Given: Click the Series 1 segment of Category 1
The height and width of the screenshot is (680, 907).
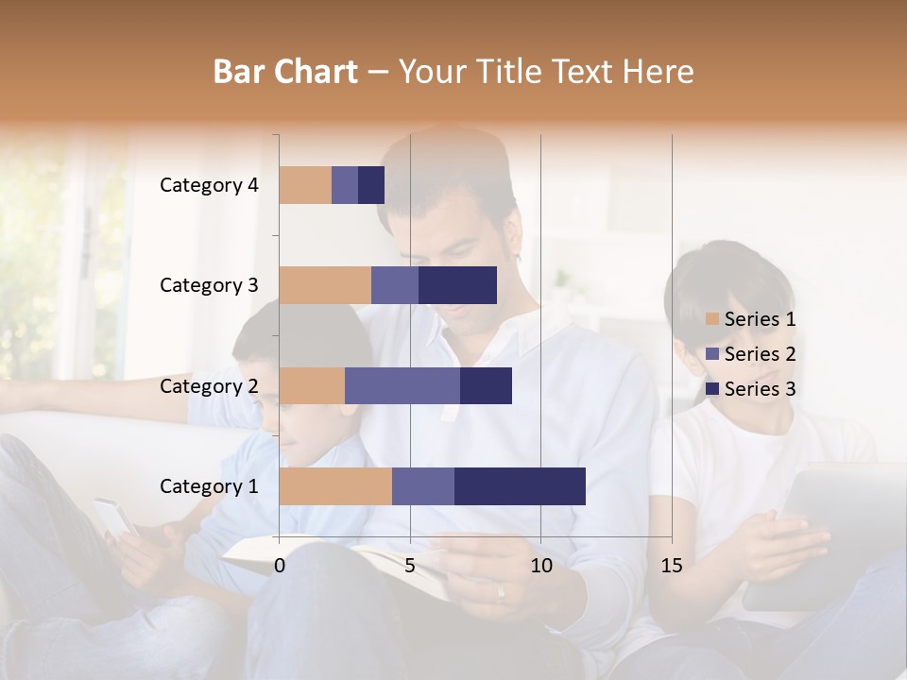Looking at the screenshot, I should click(x=335, y=485).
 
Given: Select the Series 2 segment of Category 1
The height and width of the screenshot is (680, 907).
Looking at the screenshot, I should click(x=423, y=485).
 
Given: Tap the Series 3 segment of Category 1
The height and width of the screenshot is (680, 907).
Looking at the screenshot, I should click(x=520, y=485).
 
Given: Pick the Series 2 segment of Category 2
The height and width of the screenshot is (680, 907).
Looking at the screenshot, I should click(x=402, y=385).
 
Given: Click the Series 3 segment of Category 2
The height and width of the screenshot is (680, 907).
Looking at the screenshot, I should click(x=486, y=385).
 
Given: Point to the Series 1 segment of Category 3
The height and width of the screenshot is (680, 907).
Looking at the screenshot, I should click(x=325, y=285).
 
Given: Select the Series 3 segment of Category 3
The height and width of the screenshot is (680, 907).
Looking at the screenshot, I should click(x=457, y=285).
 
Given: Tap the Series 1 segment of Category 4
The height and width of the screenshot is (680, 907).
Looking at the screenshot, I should click(x=305, y=185).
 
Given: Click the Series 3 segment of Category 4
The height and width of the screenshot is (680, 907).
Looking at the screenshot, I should click(x=371, y=185).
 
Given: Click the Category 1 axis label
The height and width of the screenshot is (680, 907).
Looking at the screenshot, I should click(x=209, y=486).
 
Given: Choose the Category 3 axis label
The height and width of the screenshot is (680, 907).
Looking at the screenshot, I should click(x=209, y=285).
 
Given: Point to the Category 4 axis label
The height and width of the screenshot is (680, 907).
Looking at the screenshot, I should click(x=209, y=185).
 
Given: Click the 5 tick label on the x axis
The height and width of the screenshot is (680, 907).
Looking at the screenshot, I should click(x=410, y=566).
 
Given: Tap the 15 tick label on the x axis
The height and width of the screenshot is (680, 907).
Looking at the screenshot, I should click(x=672, y=566).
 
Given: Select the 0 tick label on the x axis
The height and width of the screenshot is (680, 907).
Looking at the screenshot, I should click(x=280, y=566).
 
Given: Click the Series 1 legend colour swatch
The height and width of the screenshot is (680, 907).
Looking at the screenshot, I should click(x=712, y=319).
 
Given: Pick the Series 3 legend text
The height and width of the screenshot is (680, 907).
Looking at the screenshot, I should click(x=760, y=389).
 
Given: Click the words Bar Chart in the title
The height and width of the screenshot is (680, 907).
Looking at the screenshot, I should click(x=285, y=72).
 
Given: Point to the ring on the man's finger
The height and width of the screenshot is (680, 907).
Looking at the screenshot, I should click(x=501, y=593).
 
